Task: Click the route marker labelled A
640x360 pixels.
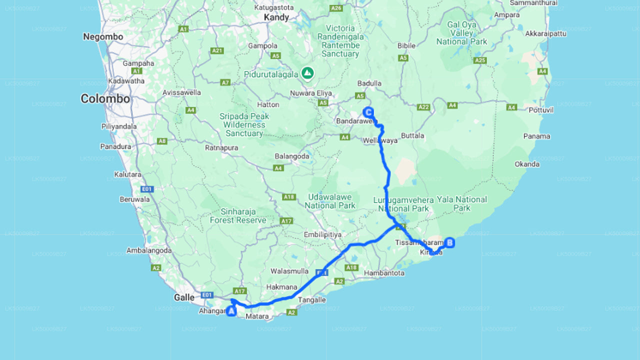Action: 231,311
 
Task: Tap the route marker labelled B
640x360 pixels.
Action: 449,243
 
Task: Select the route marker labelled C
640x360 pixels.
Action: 368,112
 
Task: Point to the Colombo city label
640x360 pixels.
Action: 105,99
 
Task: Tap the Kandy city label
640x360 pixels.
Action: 276,17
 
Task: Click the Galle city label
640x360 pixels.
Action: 184,297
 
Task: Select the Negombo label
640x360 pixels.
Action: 103,37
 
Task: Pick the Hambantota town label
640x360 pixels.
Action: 384,273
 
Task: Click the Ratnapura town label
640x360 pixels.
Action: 221,148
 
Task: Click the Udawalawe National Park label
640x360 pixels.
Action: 330,201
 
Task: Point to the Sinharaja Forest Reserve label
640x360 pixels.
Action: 238,216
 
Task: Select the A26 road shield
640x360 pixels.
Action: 336,8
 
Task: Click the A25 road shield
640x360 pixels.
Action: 479,60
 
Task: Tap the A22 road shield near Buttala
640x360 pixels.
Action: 423,106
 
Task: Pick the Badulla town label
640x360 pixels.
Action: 369,83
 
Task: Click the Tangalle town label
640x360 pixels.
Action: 311,300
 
